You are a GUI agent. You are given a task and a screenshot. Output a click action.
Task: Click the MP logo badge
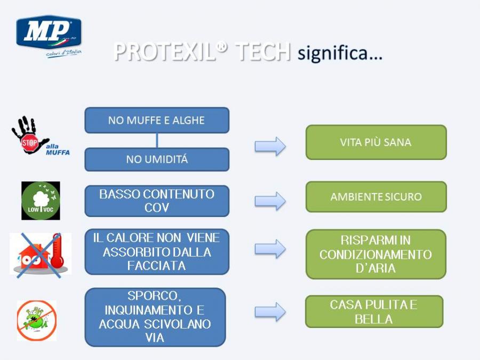coord(49,32)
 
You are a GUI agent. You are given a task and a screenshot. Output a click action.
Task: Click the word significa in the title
coord(340,53)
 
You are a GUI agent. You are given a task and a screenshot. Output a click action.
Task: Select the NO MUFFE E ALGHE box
coord(157,120)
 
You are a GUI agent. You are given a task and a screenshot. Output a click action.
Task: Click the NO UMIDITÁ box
coord(157,159)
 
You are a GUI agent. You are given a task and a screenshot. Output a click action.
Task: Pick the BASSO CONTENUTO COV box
coord(157,201)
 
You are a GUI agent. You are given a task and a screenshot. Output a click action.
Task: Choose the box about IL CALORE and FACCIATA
coord(157,252)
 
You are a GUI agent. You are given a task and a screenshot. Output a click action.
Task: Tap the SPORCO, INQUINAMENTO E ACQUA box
coord(155,317)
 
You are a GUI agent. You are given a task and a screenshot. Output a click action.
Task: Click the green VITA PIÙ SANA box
coord(376,142)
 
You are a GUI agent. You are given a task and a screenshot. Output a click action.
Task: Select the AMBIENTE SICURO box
coord(376,197)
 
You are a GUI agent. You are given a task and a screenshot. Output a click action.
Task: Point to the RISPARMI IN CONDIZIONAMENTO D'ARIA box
coord(376,254)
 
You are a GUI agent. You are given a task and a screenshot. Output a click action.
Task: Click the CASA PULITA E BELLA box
coord(374,311)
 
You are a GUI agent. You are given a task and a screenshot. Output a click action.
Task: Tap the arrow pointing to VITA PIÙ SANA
coord(270,146)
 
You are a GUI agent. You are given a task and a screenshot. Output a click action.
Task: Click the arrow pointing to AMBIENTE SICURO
coord(270,201)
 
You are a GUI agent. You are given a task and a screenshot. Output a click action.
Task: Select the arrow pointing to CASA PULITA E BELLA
coord(270,312)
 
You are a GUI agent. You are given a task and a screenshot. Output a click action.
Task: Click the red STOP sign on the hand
coord(29,142)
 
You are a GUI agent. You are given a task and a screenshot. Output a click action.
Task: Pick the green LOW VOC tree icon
coord(41,201)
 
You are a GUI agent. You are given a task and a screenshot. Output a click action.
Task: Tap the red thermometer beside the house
coord(57,251)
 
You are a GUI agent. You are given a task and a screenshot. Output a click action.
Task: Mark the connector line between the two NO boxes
coord(157,140)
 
